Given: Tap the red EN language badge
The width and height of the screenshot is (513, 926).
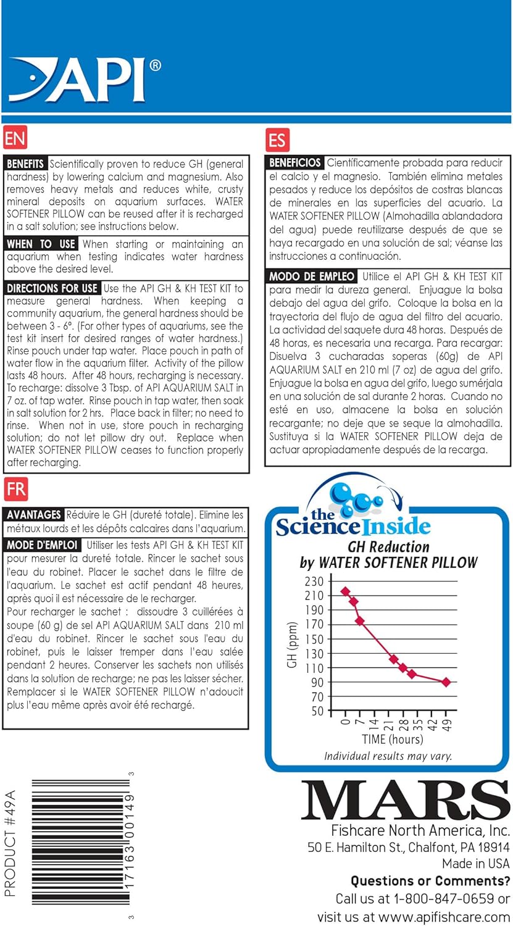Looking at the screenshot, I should click(x=15, y=138).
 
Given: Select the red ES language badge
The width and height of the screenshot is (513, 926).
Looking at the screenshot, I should click(x=278, y=140).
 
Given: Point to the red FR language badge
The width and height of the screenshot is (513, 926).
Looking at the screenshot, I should click(x=15, y=490).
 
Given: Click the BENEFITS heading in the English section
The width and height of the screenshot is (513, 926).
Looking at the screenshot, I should click(x=25, y=164).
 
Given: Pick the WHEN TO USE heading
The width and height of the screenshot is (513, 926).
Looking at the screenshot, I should click(x=41, y=244).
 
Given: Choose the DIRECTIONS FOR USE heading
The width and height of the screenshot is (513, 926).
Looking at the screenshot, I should click(x=52, y=288).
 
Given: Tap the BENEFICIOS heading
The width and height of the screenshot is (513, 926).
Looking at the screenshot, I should click(x=295, y=163).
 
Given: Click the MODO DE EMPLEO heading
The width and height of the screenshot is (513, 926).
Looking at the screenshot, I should click(x=312, y=276).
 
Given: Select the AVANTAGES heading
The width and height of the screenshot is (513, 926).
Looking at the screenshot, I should click(x=34, y=514).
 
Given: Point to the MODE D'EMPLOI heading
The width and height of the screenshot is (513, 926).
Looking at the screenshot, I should click(x=43, y=545).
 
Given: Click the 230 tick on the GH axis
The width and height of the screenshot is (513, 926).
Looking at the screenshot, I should click(x=314, y=582).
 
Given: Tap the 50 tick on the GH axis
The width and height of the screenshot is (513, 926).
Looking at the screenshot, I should click(x=317, y=711).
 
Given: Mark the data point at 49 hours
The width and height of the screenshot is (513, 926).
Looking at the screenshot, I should click(x=446, y=682).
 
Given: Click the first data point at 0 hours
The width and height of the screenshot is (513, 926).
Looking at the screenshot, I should click(x=345, y=591).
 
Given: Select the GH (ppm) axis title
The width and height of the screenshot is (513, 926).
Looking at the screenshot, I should click(x=293, y=646).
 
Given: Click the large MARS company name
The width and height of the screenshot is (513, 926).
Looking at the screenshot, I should click(x=405, y=801).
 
